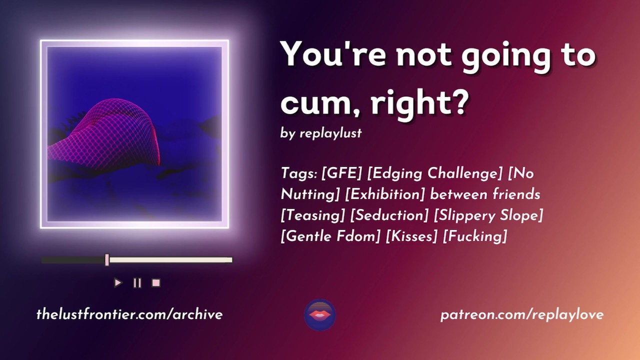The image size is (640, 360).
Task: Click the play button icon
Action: (x=118, y=283)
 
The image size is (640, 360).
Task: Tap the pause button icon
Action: (x=137, y=283)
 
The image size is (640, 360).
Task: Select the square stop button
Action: (x=156, y=283)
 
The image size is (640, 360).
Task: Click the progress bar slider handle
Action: (x=107, y=259)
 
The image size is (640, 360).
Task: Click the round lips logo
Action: (x=320, y=315)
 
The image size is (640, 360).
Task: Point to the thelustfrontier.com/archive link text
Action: (x=129, y=314)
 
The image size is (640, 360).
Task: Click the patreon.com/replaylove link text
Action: (x=522, y=315)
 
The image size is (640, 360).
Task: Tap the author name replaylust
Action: (x=330, y=133)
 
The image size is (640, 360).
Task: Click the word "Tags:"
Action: (x=299, y=173)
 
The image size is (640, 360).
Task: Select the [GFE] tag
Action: (x=341, y=173)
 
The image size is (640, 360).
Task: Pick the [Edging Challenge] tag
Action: (x=434, y=173)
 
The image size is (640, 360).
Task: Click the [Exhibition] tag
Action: (x=385, y=195)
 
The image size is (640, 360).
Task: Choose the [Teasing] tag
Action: (x=313, y=215)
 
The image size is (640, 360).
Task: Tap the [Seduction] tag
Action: (x=389, y=215)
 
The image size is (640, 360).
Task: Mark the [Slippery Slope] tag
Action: (x=488, y=215)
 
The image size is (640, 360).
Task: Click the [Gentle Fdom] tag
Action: (x=330, y=236)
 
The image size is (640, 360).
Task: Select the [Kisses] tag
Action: (x=411, y=236)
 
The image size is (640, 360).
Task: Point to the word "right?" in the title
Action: (x=419, y=103)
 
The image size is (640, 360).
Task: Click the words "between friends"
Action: (x=485, y=195)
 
